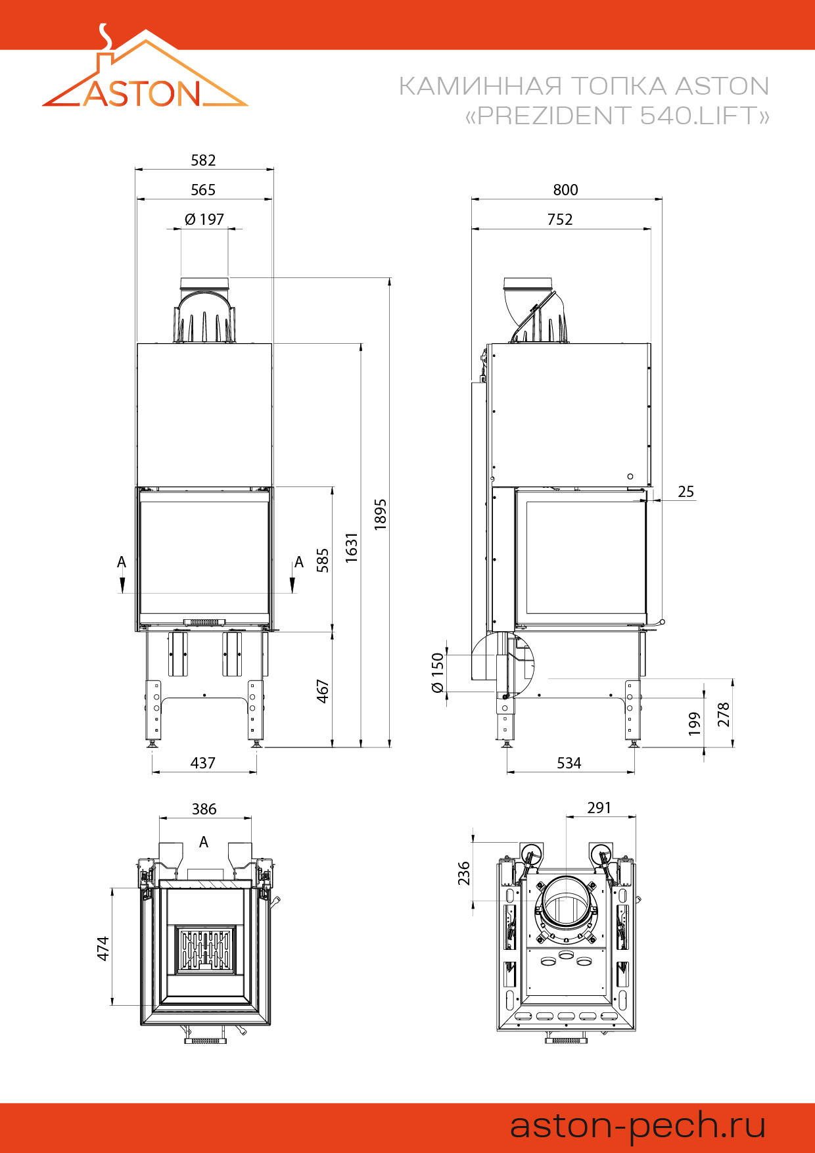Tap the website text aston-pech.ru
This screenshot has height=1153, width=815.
tap(638, 1125)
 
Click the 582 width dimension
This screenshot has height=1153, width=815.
tap(203, 160)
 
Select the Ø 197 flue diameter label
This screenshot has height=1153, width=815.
tap(204, 219)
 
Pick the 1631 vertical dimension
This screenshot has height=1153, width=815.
tap(352, 547)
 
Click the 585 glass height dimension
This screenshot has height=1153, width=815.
tap(322, 560)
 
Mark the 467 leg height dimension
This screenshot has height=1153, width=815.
tap(322, 691)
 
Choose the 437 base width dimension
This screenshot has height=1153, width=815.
tap(202, 763)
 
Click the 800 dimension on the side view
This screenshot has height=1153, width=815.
tap(565, 190)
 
